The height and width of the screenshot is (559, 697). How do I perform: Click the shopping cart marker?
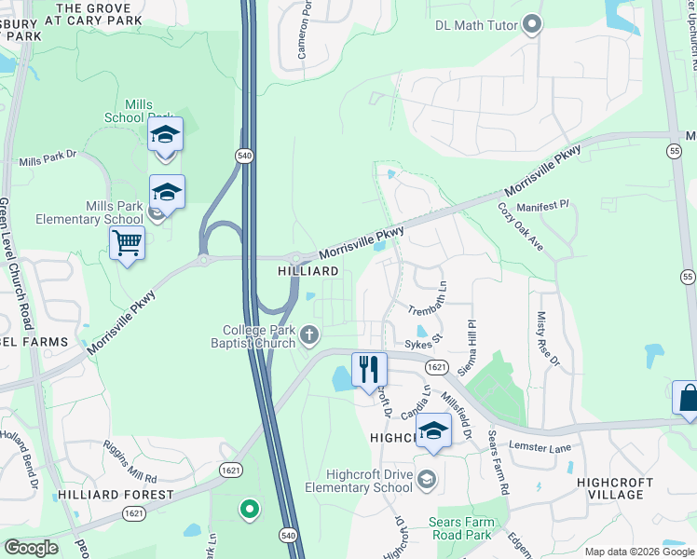pyautogui.click(x=127, y=244)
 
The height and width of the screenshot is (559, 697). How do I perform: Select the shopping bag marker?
pyautogui.click(x=687, y=399)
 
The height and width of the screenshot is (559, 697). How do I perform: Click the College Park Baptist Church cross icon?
pyautogui.click(x=308, y=334)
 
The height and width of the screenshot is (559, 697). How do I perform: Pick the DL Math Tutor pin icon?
pyautogui.click(x=532, y=24)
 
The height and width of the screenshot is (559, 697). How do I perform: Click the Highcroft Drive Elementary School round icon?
pyautogui.click(x=427, y=480)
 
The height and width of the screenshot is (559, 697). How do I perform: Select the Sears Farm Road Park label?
pyautogui.click(x=459, y=529)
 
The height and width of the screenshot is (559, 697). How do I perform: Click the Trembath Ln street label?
pyautogui.click(x=426, y=298)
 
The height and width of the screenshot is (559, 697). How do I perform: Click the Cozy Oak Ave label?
pyautogui.click(x=520, y=226)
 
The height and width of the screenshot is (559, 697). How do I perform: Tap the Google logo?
pyautogui.click(x=31, y=548)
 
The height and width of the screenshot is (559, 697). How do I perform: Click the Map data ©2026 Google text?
pyautogui.click(x=640, y=552)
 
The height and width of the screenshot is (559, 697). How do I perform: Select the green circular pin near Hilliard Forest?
pyautogui.click(x=248, y=509)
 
